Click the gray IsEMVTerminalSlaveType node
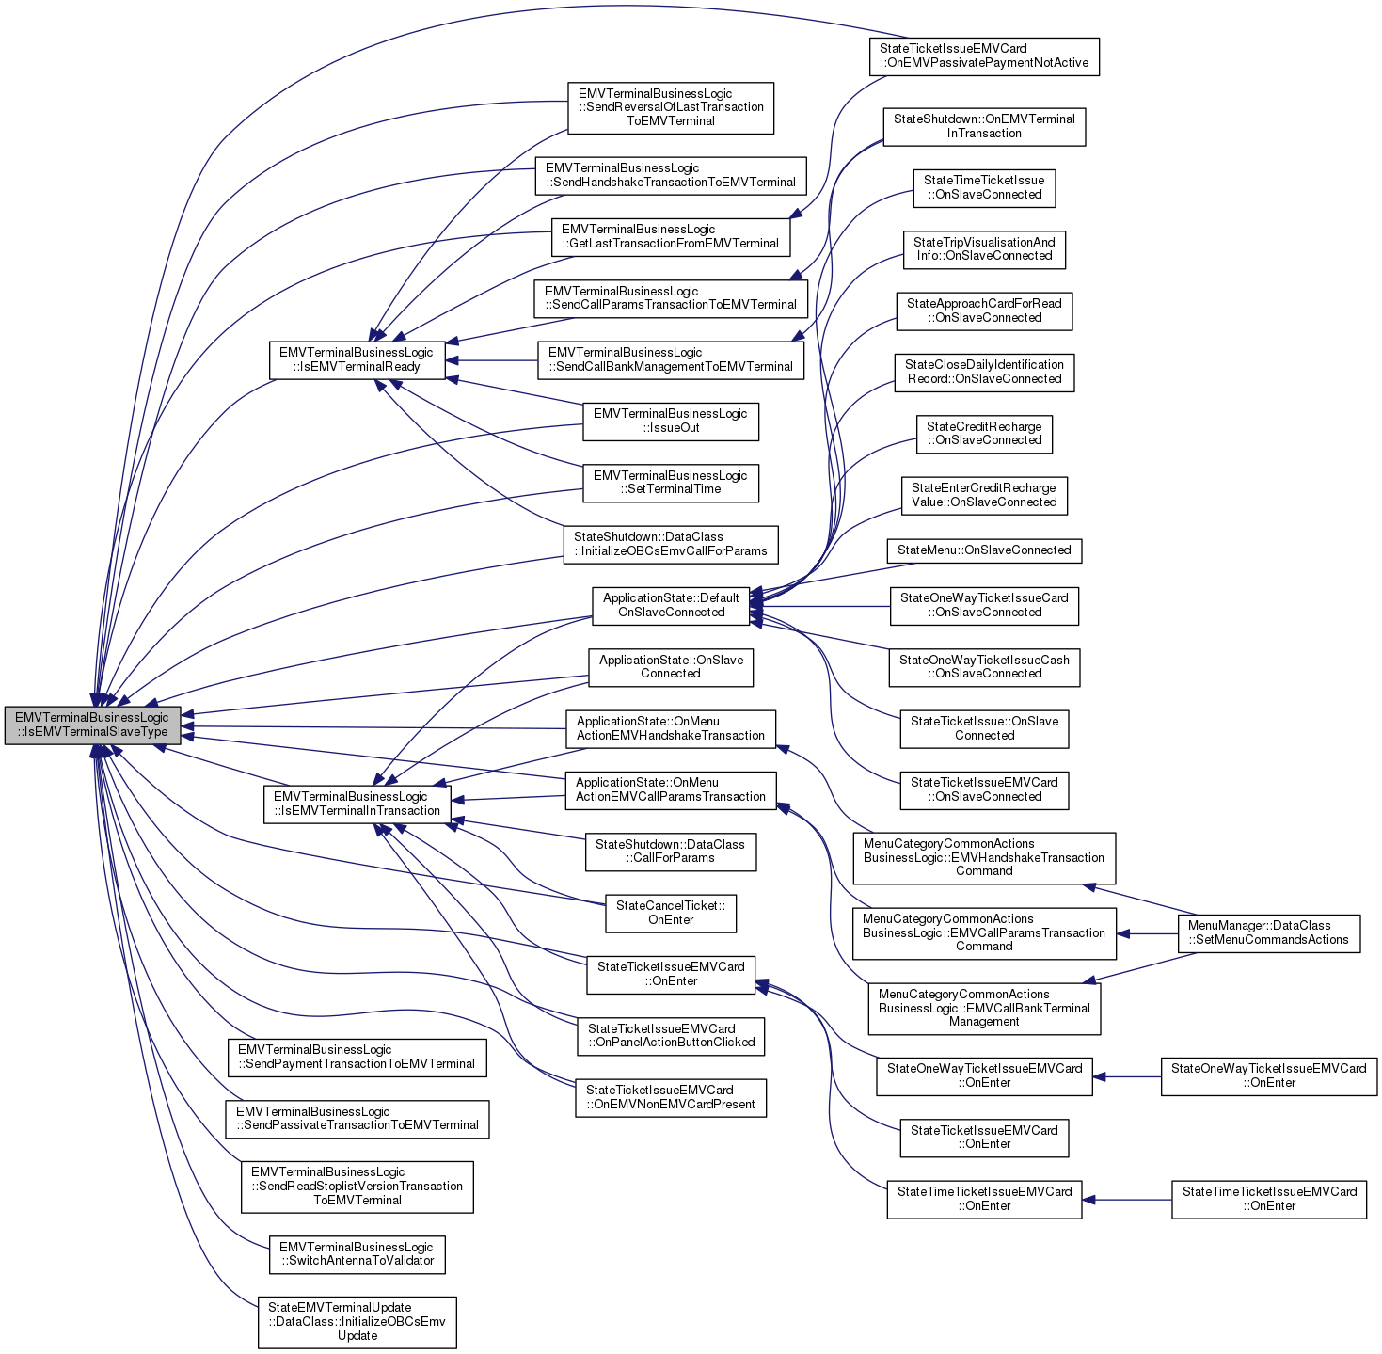coord(92,725)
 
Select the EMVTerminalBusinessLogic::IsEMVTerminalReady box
coord(357,359)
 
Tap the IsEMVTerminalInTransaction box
coord(357,804)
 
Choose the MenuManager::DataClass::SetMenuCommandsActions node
coord(1268,932)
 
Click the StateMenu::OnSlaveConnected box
coord(984,550)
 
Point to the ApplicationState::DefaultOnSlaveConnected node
coord(671,605)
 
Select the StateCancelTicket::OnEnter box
coord(670,913)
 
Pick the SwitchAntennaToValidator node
coord(357,1254)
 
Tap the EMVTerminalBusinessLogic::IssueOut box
coord(670,421)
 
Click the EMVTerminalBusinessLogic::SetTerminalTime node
coord(670,483)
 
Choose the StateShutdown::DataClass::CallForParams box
coord(670,852)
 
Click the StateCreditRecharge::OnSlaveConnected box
coord(984,434)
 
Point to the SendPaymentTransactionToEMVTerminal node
coord(357,1057)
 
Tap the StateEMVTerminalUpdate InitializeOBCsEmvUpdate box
coord(357,1321)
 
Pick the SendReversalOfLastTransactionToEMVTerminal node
coord(670,107)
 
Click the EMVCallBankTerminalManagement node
coord(983,1008)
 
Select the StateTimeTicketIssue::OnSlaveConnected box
coord(984,187)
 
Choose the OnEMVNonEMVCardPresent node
coord(670,1097)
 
